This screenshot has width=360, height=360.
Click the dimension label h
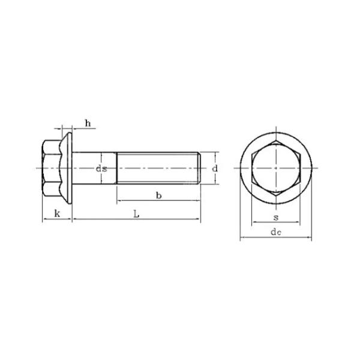pyautogui.click(x=88, y=124)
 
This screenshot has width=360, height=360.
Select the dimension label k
pyautogui.click(x=57, y=213)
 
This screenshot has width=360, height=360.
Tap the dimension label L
pyautogui.click(x=137, y=213)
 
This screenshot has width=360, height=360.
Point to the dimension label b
pyautogui.click(x=158, y=195)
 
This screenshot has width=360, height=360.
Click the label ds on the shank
pyautogui.click(x=101, y=169)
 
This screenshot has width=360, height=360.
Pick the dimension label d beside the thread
pyautogui.click(x=214, y=169)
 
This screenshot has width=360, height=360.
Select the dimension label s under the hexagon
pyautogui.click(x=275, y=217)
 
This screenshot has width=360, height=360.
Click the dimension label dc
pyautogui.click(x=275, y=232)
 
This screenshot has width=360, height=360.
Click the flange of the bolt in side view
pyautogui.click(x=68, y=169)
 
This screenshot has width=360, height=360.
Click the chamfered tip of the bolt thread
pyautogui.click(x=199, y=169)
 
